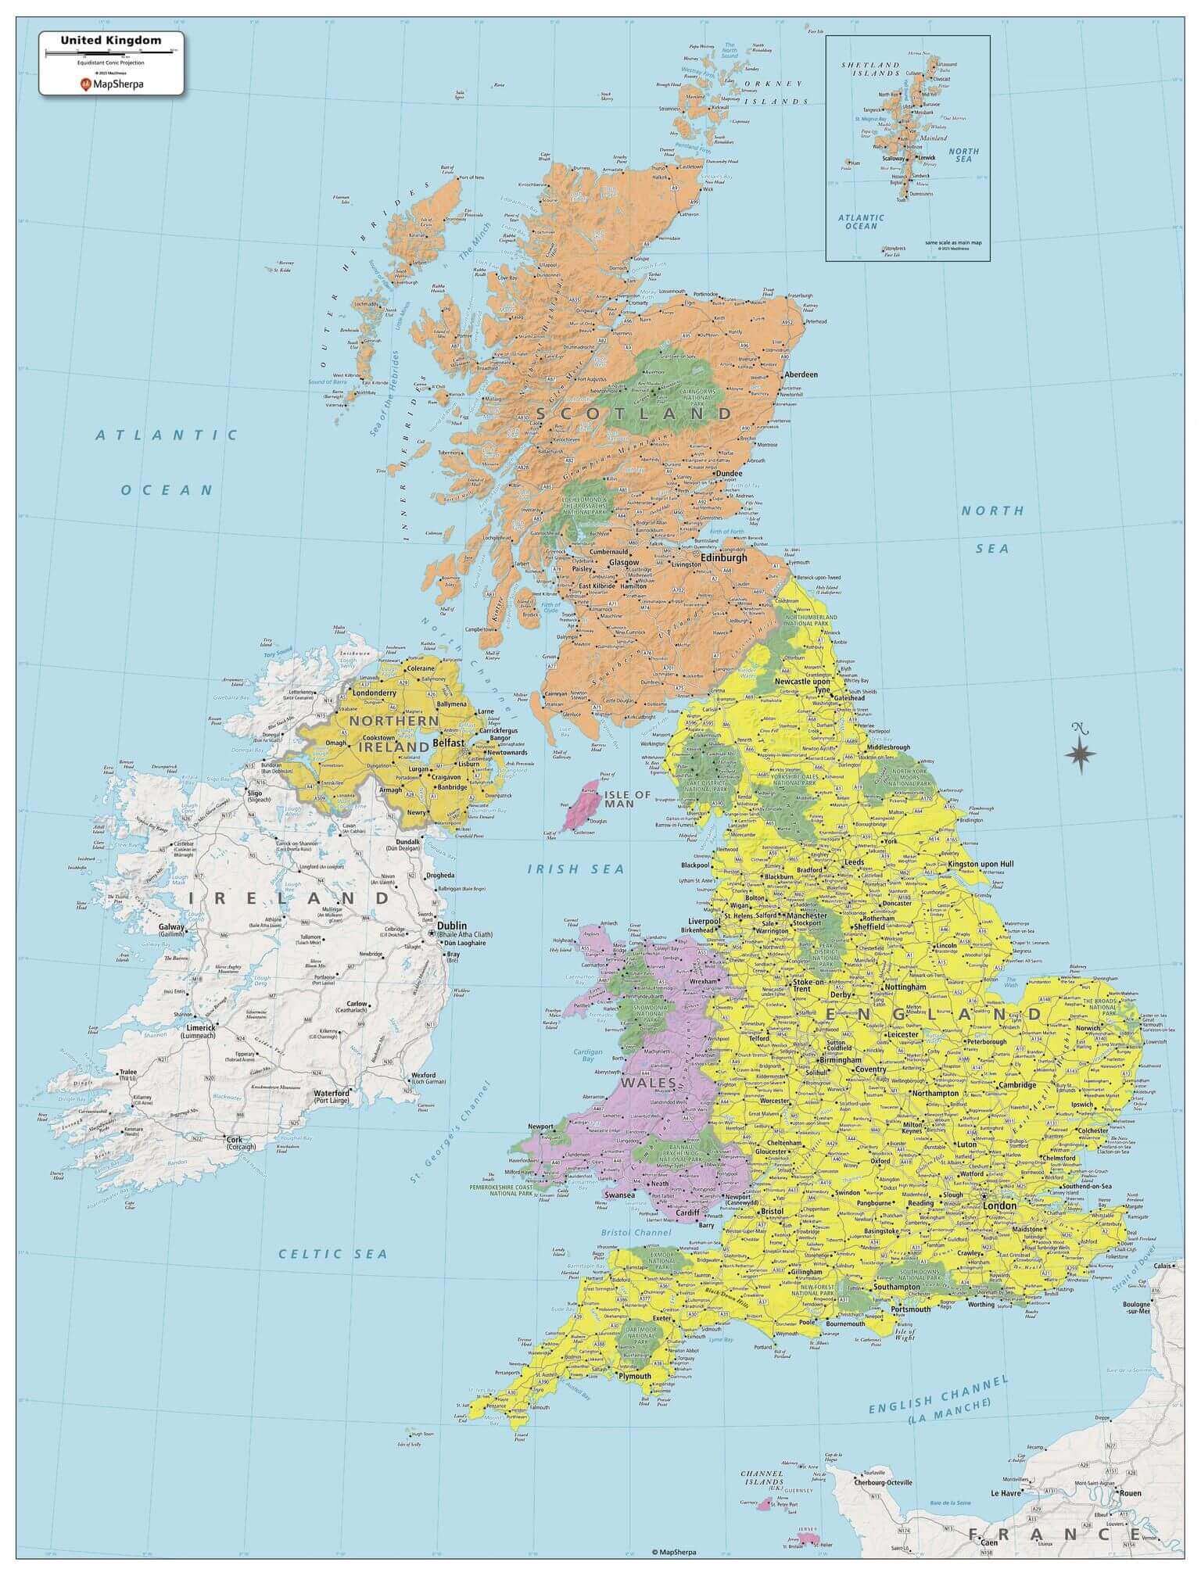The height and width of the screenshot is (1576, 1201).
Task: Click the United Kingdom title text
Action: [112, 41]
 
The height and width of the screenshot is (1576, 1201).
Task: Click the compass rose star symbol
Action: [1080, 753]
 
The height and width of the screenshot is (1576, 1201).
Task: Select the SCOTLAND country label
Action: [634, 413]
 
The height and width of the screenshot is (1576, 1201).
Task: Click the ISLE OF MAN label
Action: [627, 799]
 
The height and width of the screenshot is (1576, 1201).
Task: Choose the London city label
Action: [999, 1205]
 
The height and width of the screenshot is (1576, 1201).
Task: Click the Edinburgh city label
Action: [723, 557]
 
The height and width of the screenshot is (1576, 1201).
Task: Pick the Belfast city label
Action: [449, 742]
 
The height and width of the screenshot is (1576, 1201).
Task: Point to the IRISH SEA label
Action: [575, 869]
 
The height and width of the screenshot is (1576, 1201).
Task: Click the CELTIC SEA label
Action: [334, 1253]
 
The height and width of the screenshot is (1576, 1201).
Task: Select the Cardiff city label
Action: [688, 1213]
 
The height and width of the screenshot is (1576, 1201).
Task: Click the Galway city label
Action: [171, 927]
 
